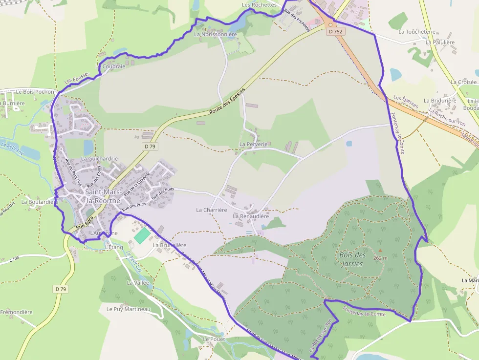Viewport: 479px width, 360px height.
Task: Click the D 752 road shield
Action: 336,31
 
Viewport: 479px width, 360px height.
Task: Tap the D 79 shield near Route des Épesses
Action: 150,146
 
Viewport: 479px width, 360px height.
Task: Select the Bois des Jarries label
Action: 352,259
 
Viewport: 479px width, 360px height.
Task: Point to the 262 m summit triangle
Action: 380,251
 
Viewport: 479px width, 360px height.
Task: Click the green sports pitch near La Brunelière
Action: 142,236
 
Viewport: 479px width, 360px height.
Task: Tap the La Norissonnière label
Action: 215,35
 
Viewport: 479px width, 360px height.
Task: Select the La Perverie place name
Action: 253,145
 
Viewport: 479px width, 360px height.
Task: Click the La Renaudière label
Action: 251,216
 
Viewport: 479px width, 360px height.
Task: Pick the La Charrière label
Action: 212,210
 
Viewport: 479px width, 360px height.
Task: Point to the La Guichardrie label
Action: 99,159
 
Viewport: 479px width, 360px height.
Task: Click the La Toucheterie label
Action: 416,32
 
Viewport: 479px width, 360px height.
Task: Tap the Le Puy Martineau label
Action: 128,309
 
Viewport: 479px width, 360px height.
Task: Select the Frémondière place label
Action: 16,312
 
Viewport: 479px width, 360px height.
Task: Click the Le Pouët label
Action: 213,339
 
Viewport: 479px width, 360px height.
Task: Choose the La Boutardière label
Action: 40,202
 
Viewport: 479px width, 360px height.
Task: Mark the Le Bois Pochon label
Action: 35,91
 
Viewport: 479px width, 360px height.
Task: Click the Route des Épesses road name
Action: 227,102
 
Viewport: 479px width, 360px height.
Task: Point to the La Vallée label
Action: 138,283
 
